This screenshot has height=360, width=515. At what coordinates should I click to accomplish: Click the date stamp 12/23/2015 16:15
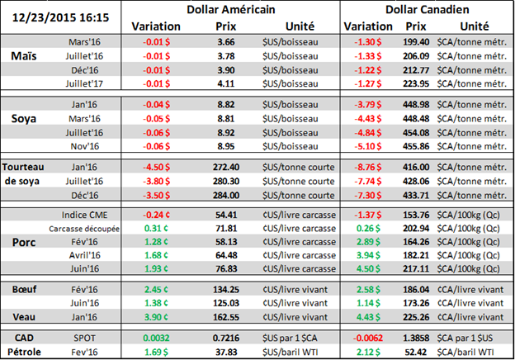[x=61, y=13]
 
